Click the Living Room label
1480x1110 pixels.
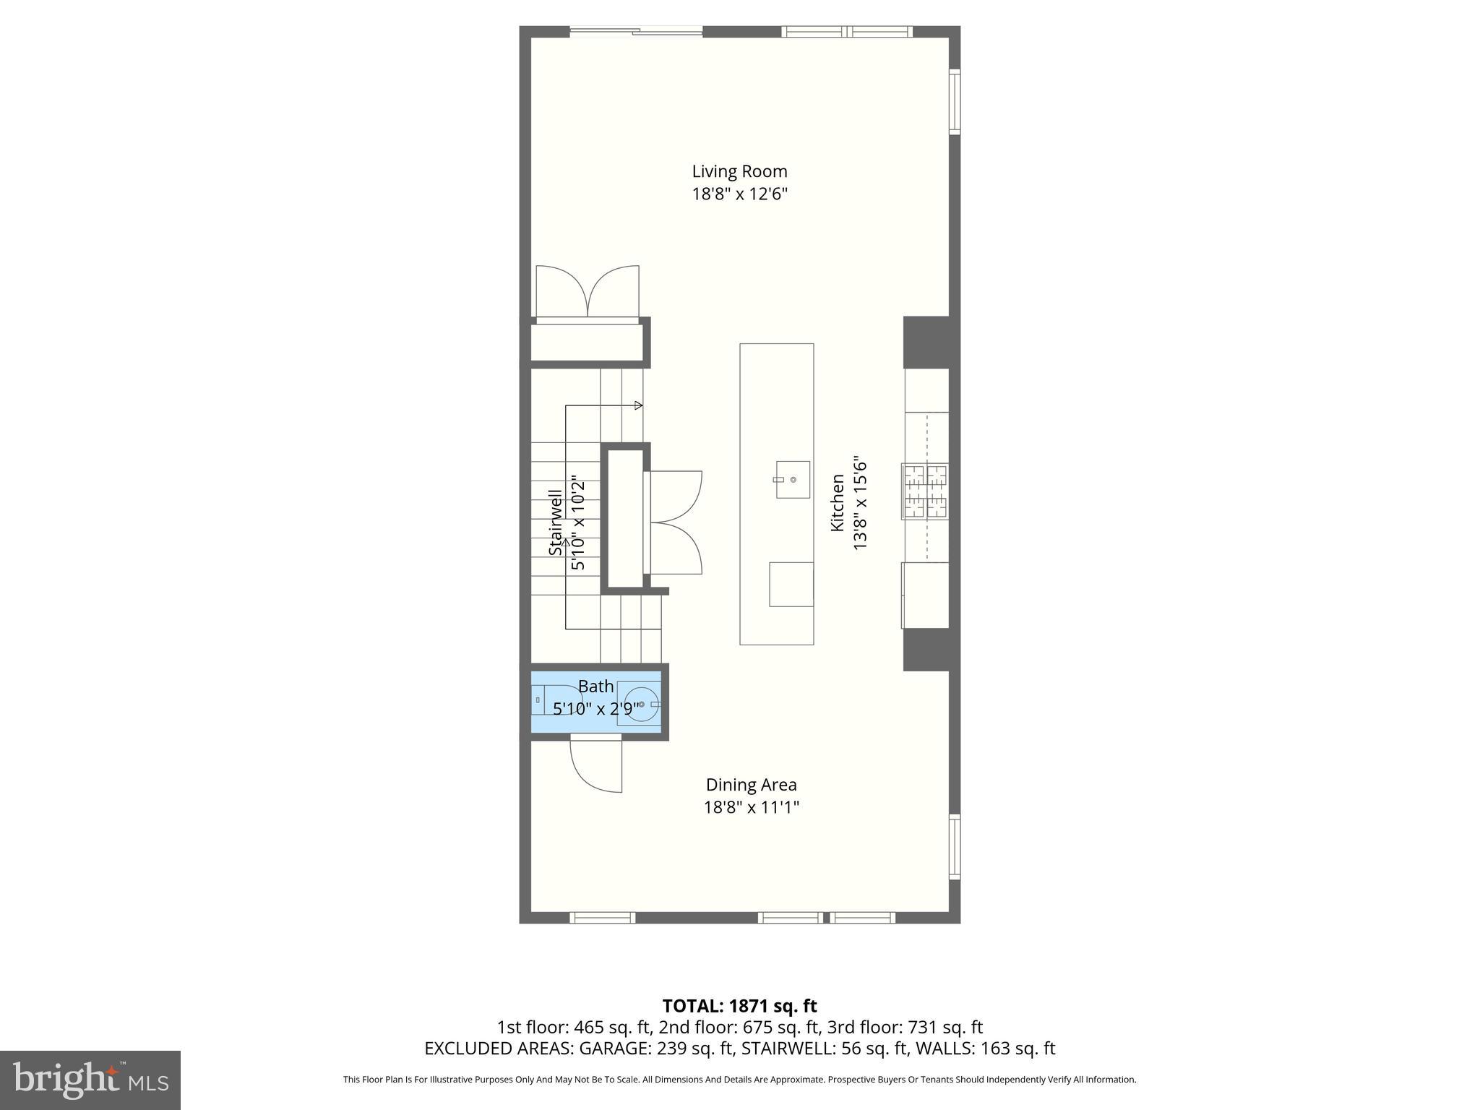tap(739, 171)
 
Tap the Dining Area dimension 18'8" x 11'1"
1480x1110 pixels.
tap(751, 807)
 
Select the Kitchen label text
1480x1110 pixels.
tap(837, 502)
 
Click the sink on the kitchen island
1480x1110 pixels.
tap(793, 479)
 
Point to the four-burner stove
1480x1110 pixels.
tap(925, 491)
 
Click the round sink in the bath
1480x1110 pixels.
tap(642, 704)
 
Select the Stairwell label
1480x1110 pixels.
tap(555, 522)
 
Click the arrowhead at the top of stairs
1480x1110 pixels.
tap(638, 405)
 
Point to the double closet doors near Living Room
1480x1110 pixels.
tap(588, 292)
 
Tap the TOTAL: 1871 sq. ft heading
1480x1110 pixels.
tap(739, 1006)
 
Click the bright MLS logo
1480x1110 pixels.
tap(90, 1080)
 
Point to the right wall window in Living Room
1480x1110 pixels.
tap(955, 102)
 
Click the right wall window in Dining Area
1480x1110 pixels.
tap(955, 846)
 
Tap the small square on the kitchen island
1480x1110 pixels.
tap(791, 584)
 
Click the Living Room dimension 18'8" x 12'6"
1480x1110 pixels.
tap(739, 194)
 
